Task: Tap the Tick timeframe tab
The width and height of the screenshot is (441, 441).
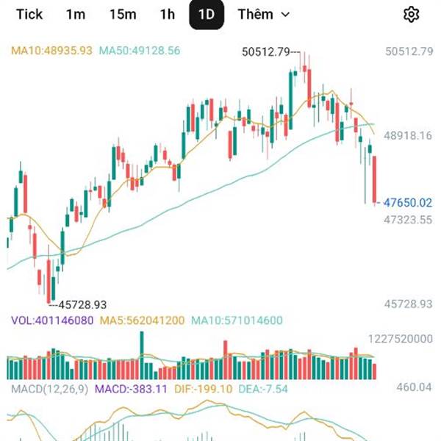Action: coord(29,15)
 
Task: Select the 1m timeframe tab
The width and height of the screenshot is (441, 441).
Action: coord(76,15)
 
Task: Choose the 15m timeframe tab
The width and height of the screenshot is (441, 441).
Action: coord(123,15)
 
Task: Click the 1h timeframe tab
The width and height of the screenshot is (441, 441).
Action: coord(168,15)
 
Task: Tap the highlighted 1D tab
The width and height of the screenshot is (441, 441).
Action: coord(207,15)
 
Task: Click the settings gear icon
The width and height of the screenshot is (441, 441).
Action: coord(412,15)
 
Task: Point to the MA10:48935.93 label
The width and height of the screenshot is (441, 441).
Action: coord(51,51)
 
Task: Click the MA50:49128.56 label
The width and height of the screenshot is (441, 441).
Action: coord(140,51)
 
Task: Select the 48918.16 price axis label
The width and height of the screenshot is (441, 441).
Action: coord(409,136)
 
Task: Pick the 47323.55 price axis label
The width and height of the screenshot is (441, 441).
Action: coord(409,219)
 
